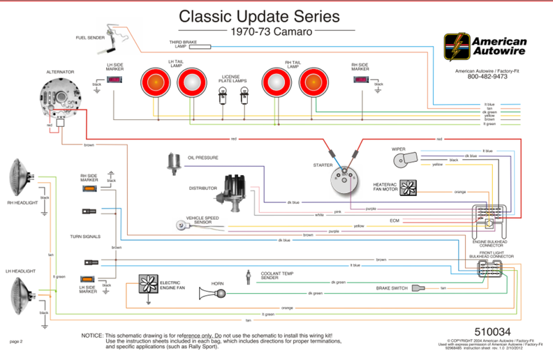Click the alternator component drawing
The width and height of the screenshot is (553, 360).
point(59,98)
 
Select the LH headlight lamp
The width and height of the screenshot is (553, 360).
point(22,293)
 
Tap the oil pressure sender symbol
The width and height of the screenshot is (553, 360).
point(173,164)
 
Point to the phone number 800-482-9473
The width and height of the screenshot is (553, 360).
point(487,77)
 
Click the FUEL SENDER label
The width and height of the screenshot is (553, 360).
point(91,38)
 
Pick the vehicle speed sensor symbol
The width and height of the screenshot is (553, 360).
point(184,225)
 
